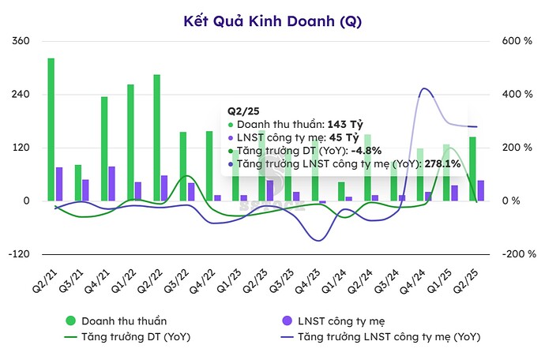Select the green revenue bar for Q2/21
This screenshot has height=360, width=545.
51,129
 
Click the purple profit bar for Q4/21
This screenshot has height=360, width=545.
112,183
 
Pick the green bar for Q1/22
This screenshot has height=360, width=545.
130,142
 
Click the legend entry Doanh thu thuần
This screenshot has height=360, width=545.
114,321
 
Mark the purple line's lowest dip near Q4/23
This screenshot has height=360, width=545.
318,240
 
